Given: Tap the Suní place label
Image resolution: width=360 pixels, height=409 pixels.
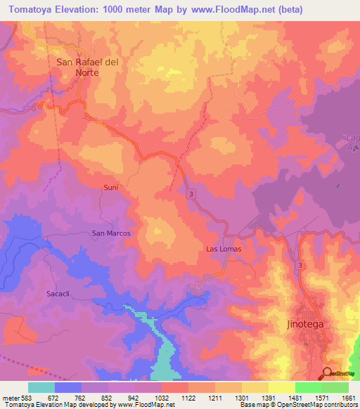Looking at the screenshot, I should tap(111, 188).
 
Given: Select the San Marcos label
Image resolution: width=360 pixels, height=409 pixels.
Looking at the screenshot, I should tap(111, 233).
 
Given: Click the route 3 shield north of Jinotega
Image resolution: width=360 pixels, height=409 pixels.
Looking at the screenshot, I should tap(300, 265).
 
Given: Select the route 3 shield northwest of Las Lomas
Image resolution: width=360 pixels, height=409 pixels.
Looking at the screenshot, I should tap(191, 193).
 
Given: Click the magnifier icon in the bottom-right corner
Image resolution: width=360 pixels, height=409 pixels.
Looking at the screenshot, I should tap(328, 373).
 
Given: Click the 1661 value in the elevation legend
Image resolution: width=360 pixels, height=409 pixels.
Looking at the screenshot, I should tap(349, 397).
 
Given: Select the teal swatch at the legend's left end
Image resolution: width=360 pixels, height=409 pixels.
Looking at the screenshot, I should tap(41, 387).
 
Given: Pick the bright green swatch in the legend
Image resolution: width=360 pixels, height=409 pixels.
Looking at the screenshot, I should tap(308, 387).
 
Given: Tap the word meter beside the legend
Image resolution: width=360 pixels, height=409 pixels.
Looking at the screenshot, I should tap(11, 397).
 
